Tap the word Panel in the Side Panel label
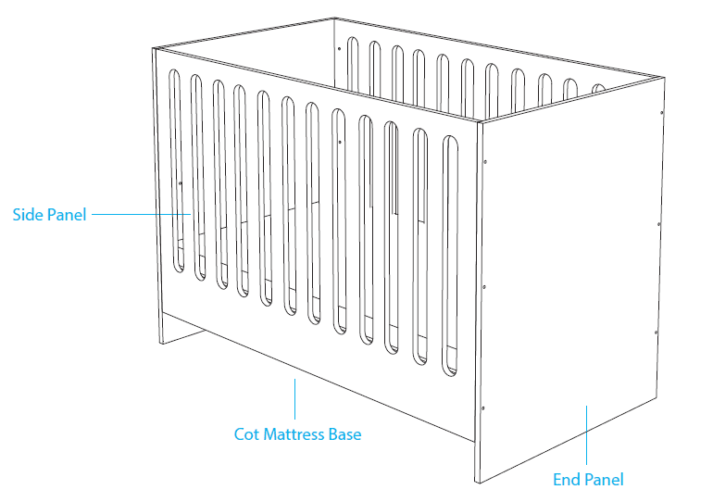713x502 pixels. [x=66, y=215]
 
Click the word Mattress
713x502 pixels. [x=294, y=433]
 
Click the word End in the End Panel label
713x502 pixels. [x=567, y=480]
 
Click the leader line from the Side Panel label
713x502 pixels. [x=139, y=215]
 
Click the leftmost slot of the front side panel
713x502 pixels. [x=175, y=167]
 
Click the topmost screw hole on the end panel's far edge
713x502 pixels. [x=661, y=113]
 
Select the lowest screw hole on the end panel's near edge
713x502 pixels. [x=484, y=407]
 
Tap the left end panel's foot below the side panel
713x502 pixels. [x=164, y=328]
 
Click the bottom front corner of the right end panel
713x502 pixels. [x=476, y=483]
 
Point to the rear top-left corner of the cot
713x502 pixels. [x=334, y=18]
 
